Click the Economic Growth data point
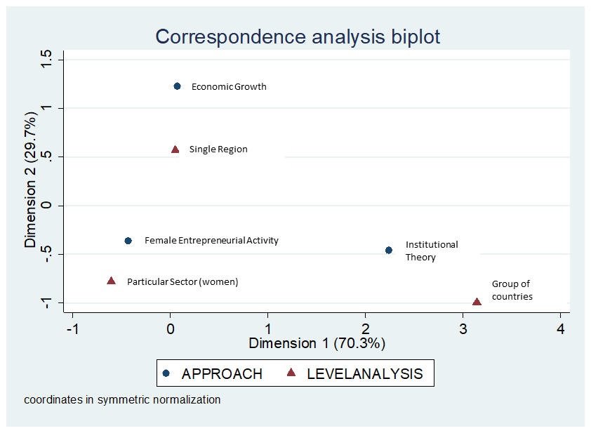tap(177, 86)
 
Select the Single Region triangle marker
tap(175, 149)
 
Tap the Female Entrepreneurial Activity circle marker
tap(128, 241)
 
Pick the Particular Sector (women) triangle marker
tap(111, 281)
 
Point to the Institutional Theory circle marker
tap(389, 250)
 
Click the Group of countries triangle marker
tap(477, 302)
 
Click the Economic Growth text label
tap(229, 87)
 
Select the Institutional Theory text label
tap(431, 251)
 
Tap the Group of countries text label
tap(512, 290)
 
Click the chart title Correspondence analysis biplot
tap(298, 37)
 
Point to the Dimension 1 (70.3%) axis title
tap(317, 343)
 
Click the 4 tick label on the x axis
tap(560, 329)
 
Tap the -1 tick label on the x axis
tap(72, 329)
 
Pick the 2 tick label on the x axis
tap(365, 329)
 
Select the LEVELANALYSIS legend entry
tap(364, 373)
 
